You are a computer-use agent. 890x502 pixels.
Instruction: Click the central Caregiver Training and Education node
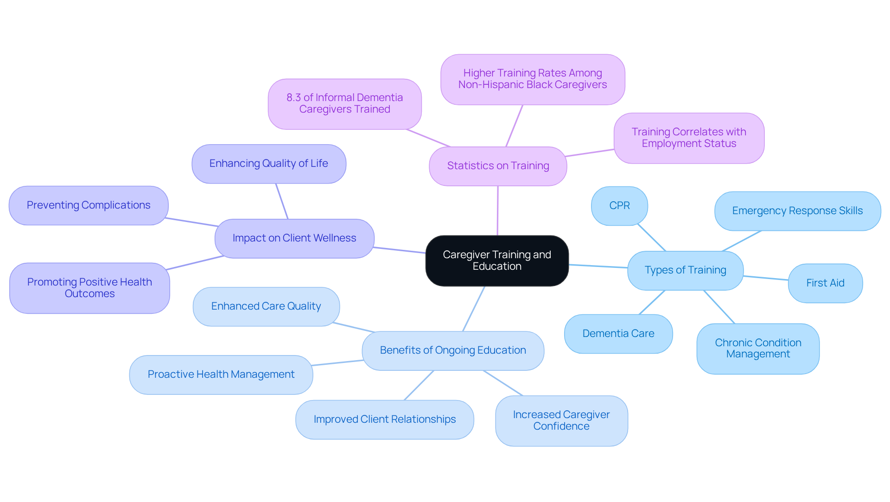[x=497, y=261]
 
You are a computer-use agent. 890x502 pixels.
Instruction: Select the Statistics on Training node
[x=498, y=166]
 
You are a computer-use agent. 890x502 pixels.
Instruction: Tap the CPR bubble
[x=619, y=206]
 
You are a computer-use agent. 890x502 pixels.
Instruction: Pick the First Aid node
[x=825, y=283]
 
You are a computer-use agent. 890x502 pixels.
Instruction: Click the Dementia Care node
[x=618, y=334]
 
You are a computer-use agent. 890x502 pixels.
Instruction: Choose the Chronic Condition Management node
[x=758, y=349]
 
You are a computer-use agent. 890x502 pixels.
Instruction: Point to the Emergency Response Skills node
[x=797, y=211]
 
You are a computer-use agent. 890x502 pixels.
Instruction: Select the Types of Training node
[x=685, y=270]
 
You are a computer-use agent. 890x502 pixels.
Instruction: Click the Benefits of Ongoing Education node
[x=453, y=350]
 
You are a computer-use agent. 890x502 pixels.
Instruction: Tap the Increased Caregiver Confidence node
[x=561, y=420]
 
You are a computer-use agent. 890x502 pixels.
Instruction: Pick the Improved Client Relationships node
[x=385, y=419]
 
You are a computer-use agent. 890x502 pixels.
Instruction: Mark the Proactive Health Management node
[x=221, y=375]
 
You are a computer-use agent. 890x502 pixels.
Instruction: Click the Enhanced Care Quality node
[x=266, y=306]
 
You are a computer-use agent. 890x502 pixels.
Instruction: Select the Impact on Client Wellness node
[x=294, y=238]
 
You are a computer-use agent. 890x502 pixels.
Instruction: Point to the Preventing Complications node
[x=89, y=205]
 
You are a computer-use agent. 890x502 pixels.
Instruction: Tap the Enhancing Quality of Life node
[x=269, y=164]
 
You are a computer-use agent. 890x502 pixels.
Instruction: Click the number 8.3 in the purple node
[x=293, y=98]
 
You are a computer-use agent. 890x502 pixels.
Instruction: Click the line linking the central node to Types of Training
[x=598, y=266]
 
